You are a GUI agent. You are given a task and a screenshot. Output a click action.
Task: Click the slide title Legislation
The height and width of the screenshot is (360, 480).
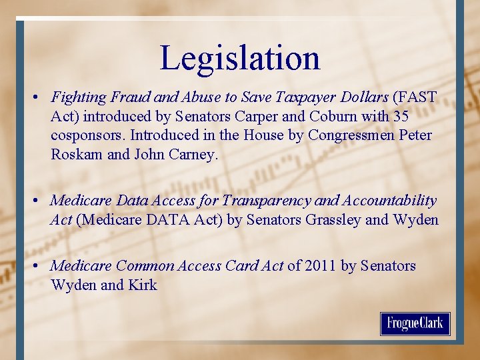[240, 58]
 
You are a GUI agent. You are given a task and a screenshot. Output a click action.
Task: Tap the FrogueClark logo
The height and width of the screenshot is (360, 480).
[415, 324]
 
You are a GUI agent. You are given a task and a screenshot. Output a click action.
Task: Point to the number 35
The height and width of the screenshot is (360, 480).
[401, 116]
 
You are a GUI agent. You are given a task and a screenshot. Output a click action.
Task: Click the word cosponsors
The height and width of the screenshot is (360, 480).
[87, 135]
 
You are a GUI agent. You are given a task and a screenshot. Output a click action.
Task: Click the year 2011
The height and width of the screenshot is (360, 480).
[321, 266]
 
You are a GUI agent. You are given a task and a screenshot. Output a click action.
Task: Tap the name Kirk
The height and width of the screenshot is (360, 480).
[143, 285]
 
